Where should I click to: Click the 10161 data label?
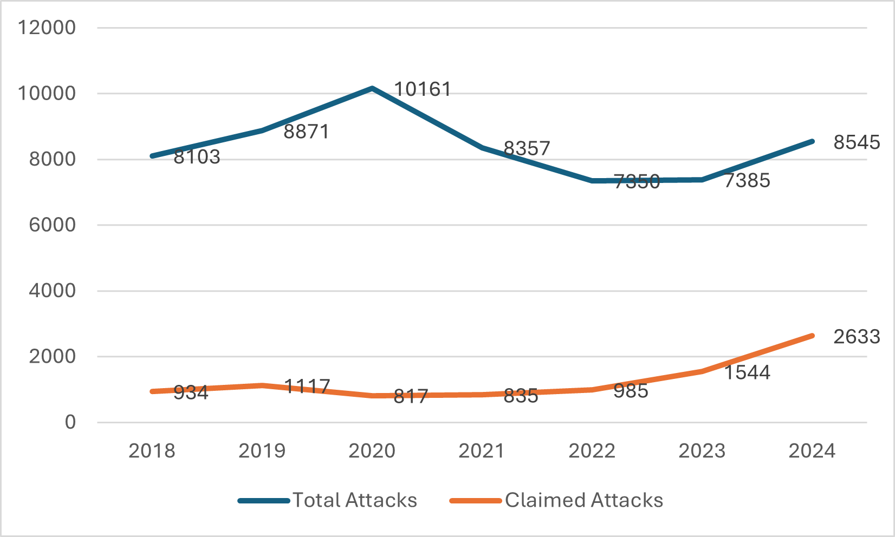(x=422, y=89)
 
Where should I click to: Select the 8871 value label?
(x=306, y=132)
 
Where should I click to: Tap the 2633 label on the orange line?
(x=857, y=337)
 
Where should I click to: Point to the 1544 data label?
(x=747, y=372)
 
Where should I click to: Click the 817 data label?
(x=411, y=396)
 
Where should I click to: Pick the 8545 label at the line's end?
(x=857, y=142)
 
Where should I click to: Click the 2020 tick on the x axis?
(x=372, y=451)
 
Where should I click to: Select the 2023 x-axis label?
(x=702, y=451)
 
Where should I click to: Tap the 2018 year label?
(x=152, y=451)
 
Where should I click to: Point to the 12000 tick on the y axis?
(x=47, y=28)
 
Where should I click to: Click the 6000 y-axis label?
(x=52, y=225)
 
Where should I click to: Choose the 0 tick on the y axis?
(x=70, y=422)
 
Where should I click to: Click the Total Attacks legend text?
(x=355, y=500)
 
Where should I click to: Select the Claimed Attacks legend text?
(x=583, y=500)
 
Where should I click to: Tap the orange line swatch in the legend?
(x=476, y=501)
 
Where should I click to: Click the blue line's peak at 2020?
(x=372, y=88)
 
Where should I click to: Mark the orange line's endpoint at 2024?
(x=812, y=336)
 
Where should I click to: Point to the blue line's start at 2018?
(x=152, y=156)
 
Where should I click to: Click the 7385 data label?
(x=747, y=181)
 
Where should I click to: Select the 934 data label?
(x=191, y=393)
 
